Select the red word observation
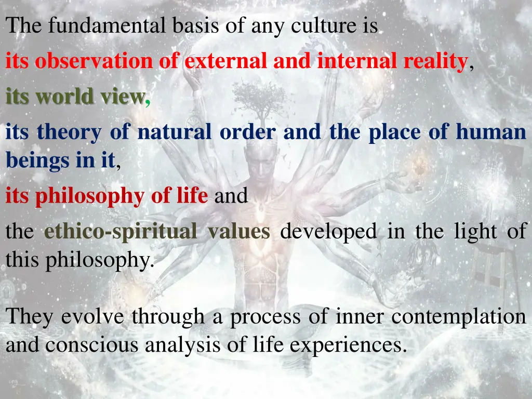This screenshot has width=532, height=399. [94, 61]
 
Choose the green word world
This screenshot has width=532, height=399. [71, 97]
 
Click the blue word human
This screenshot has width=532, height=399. [491, 132]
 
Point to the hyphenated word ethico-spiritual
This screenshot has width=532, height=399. [121, 231]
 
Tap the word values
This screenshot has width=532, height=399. [238, 231]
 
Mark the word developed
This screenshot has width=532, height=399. [328, 231]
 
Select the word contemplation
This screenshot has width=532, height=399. [458, 316]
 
